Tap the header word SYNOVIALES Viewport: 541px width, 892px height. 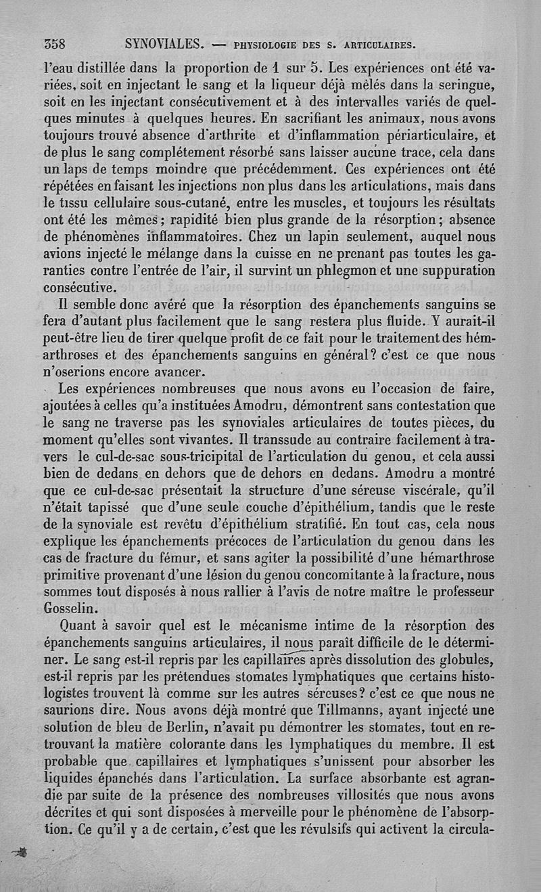click(x=164, y=45)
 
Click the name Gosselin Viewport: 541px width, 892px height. click(x=71, y=606)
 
